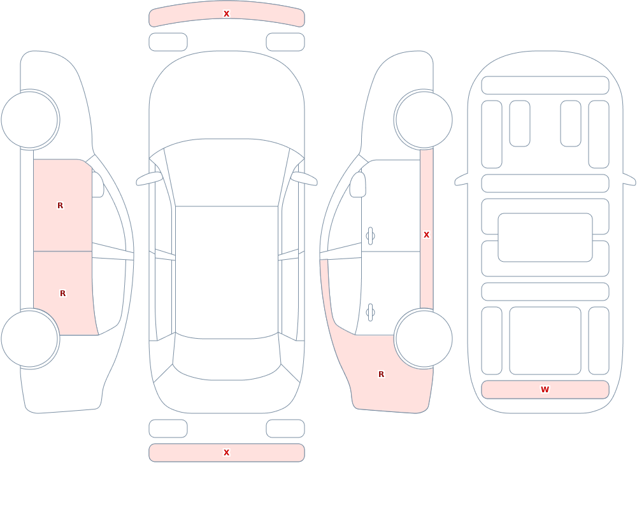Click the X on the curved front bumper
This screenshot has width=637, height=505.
[227, 14]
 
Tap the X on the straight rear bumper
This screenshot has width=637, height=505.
[227, 453]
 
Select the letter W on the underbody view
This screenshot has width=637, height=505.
[545, 390]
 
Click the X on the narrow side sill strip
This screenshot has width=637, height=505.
[427, 235]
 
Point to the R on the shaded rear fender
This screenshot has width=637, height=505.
[381, 374]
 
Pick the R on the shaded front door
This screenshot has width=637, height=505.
[60, 206]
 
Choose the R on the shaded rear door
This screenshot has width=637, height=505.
[62, 294]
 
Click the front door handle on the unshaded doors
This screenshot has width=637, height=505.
[370, 236]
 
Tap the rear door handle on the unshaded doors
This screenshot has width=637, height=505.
[370, 313]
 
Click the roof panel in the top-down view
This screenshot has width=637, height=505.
[227, 272]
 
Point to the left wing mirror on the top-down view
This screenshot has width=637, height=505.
[150, 179]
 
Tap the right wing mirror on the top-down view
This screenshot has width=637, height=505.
[304, 179]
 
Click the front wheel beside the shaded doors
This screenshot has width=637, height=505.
[29, 120]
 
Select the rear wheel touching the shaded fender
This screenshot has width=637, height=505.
[424, 339]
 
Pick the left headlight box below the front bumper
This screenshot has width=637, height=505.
[168, 42]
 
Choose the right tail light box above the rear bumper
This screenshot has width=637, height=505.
[285, 429]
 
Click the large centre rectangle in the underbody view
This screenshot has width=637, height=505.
[545, 238]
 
